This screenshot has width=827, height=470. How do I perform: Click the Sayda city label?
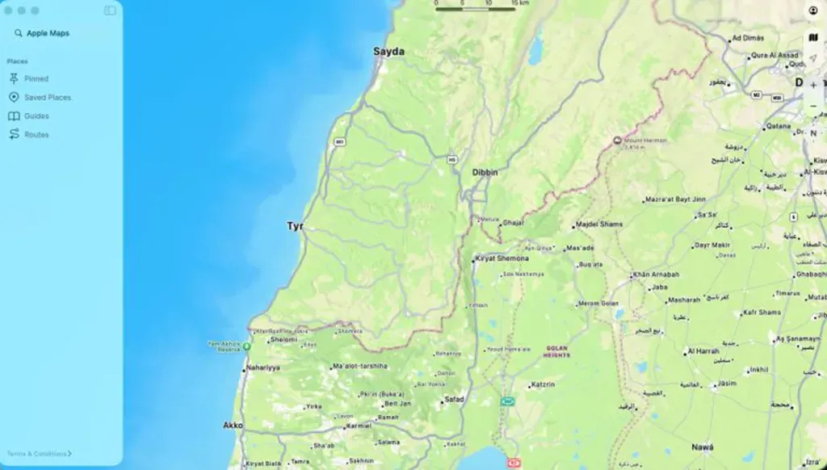click(388, 52)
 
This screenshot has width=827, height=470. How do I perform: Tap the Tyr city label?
click(295, 226)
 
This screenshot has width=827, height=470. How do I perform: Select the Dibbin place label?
click(485, 172)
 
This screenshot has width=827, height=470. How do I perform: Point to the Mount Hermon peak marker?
click(618, 141)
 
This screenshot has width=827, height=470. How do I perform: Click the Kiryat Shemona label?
click(502, 258)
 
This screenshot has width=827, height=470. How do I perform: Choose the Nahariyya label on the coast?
click(262, 367)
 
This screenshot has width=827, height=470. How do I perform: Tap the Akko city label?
click(233, 425)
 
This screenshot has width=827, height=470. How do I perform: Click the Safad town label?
click(455, 400)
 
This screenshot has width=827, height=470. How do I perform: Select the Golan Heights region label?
click(556, 352)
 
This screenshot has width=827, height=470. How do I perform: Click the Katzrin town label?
click(544, 385)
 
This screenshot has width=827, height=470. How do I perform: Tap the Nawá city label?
click(702, 447)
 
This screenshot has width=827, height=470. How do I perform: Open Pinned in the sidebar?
click(36, 78)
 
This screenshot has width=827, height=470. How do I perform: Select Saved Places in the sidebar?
click(47, 97)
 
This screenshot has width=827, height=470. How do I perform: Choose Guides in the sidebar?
click(36, 115)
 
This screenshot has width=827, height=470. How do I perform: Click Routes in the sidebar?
click(36, 134)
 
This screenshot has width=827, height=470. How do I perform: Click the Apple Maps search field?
click(48, 33)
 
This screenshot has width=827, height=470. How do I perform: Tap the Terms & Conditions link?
click(39, 454)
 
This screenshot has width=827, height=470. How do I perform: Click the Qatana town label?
click(778, 126)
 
